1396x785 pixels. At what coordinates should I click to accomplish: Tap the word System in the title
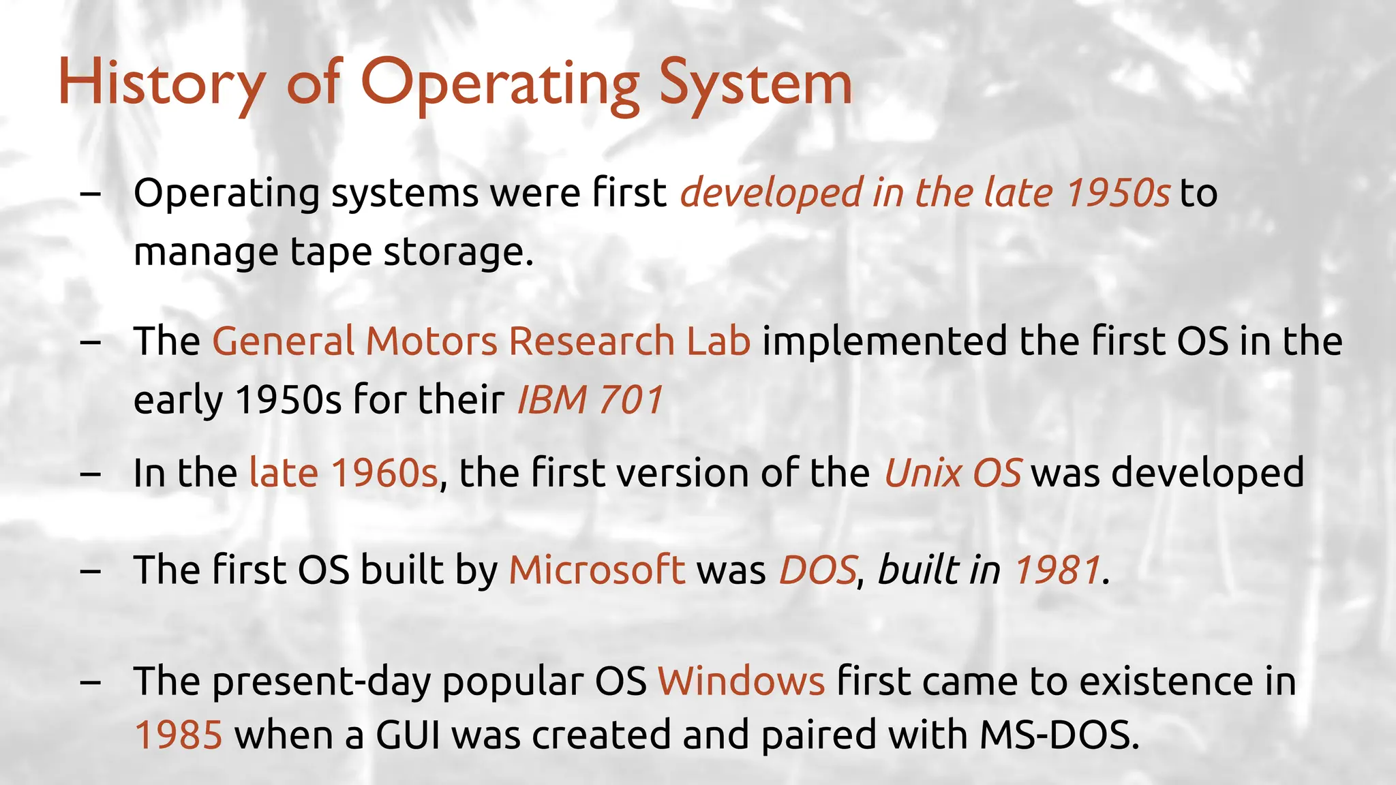[x=755, y=83]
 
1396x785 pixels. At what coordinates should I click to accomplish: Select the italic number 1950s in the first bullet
[x=1118, y=193]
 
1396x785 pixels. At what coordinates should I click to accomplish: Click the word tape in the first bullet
[x=331, y=251]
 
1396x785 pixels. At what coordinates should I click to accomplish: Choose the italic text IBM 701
[x=590, y=399]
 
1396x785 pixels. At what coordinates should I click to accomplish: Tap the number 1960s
[x=384, y=473]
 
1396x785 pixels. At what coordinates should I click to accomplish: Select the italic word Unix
[x=922, y=473]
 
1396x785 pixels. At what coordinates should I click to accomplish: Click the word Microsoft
[x=597, y=570]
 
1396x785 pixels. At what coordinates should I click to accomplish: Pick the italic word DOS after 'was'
[x=817, y=570]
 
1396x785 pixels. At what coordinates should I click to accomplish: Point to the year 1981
[x=1057, y=570]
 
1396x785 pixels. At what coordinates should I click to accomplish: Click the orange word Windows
[x=741, y=681]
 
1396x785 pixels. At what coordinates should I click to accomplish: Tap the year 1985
[x=179, y=735]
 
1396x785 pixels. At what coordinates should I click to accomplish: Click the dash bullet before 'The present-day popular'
[x=90, y=682]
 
